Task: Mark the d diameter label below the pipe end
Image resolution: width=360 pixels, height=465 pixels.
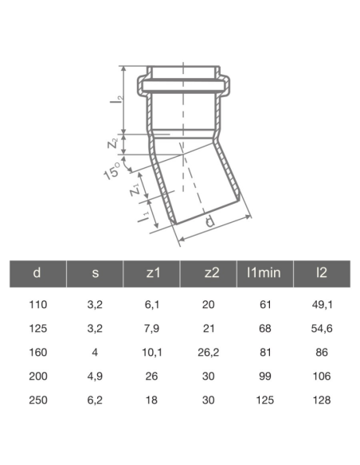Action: [x=208, y=222]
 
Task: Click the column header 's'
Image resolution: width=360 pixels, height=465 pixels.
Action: [x=95, y=273]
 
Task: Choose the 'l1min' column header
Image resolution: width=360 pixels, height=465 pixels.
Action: [x=265, y=273]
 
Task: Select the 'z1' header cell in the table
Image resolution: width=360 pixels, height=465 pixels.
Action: [x=152, y=273]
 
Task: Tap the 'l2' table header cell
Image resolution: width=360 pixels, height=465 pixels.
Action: [x=322, y=273]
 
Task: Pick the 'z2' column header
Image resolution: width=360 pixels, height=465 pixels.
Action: [x=209, y=273]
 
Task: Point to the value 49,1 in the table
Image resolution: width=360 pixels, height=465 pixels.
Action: [x=322, y=304]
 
